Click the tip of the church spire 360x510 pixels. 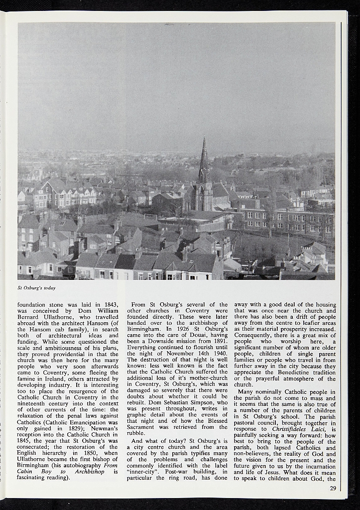[204, 138]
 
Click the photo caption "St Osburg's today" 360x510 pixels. [36, 288]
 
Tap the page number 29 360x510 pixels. [333, 488]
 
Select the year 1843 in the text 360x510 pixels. [111, 305]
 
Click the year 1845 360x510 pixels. [25, 441]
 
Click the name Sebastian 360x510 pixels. [188, 403]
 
